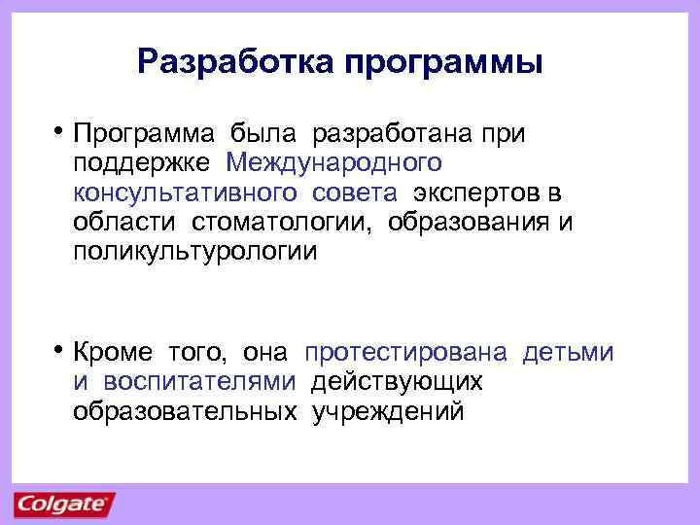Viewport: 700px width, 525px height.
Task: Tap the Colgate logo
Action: click(63, 505)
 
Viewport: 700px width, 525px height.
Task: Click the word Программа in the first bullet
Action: click(144, 132)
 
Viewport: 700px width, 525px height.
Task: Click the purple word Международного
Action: click(333, 162)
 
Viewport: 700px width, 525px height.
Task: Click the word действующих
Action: click(397, 381)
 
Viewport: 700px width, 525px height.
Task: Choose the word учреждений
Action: click(388, 411)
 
